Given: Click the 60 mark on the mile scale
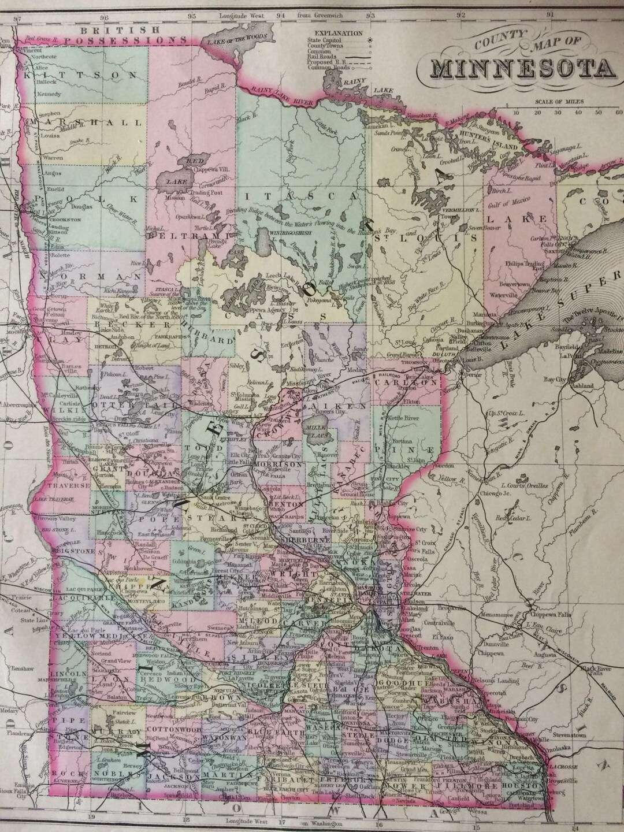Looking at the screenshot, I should pyautogui.click(x=613, y=113).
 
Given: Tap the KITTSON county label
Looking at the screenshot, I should pyautogui.click(x=81, y=75).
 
